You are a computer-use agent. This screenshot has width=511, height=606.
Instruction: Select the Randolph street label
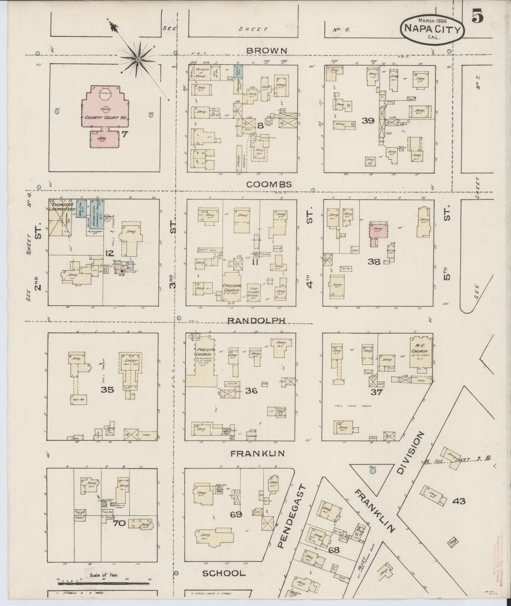coord(256,320)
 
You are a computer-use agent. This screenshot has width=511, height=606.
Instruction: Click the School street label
coord(223,573)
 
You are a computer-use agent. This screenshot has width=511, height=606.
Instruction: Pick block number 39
coord(368,121)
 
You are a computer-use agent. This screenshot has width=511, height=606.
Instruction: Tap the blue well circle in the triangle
coord(373,471)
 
